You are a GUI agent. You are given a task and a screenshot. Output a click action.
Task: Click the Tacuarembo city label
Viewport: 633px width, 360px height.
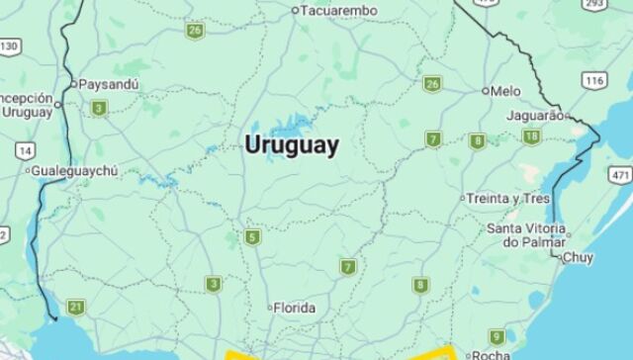click(x=339, y=10)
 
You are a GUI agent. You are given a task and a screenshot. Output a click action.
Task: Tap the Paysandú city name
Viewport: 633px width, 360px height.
click(x=108, y=84)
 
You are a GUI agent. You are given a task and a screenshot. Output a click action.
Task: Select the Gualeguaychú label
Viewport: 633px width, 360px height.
click(x=74, y=171)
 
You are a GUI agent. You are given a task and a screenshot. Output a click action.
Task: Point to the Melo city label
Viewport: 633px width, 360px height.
click(x=505, y=91)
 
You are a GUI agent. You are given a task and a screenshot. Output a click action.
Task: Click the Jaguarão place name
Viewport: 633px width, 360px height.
click(x=533, y=116)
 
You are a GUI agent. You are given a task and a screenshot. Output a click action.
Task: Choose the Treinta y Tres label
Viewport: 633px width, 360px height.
click(x=508, y=198)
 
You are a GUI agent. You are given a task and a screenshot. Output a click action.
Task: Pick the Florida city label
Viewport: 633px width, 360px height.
click(x=295, y=308)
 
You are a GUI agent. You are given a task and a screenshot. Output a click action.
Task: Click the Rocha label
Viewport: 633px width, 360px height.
click(x=492, y=354)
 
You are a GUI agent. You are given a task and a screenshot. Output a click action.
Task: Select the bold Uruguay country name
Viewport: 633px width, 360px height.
click(x=292, y=145)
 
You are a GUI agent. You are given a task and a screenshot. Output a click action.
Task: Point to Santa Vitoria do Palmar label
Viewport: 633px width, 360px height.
click(x=527, y=235)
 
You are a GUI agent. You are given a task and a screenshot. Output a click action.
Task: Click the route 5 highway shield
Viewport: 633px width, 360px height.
click(x=253, y=237)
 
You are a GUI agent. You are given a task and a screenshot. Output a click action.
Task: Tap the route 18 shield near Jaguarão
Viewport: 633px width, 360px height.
click(x=531, y=136)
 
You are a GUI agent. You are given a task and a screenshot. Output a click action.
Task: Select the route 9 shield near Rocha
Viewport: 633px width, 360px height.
click(x=497, y=336)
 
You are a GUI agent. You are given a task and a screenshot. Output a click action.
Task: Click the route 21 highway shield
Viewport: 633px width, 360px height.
click(x=76, y=307)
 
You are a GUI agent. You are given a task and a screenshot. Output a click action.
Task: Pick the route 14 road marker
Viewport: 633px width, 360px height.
click(x=24, y=150)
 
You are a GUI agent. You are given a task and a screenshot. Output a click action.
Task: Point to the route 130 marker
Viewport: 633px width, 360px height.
click(x=9, y=46)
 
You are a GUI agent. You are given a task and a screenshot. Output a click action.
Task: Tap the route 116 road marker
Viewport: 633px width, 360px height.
click(x=593, y=80)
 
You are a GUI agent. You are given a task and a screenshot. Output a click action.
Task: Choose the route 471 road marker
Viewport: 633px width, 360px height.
click(x=620, y=175)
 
